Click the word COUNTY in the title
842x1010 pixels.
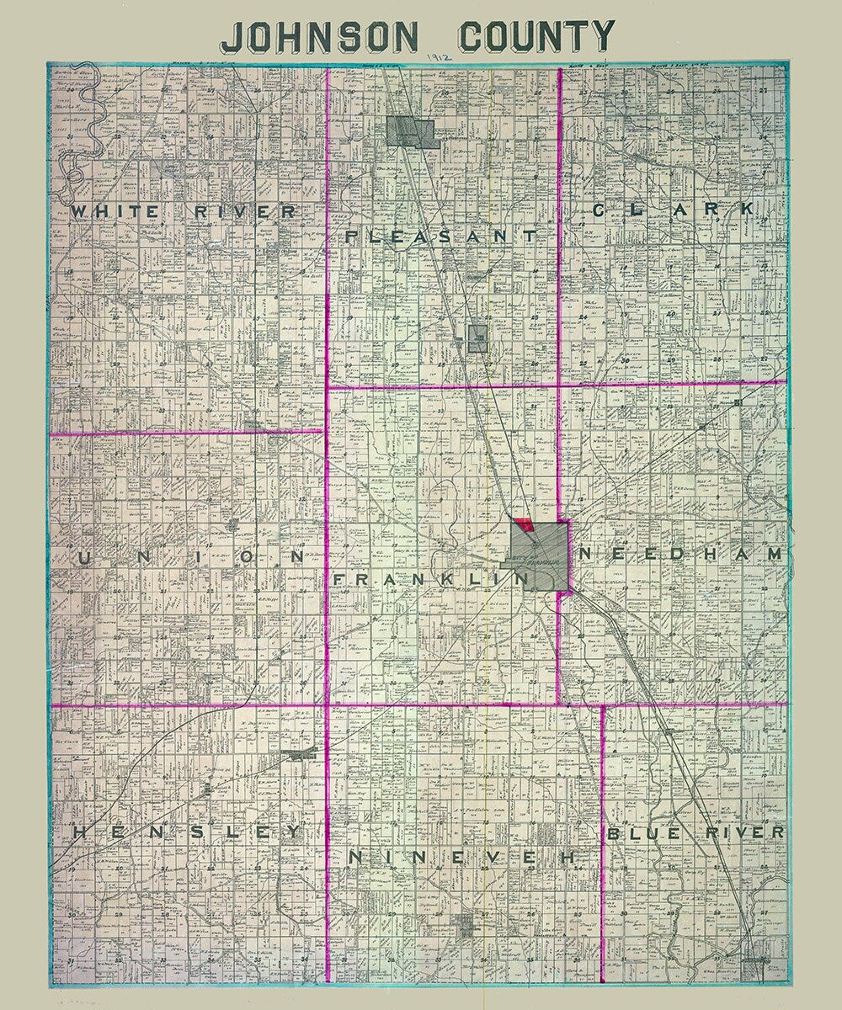click(x=536, y=36)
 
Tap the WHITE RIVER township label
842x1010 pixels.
click(x=184, y=211)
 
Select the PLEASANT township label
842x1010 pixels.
click(x=440, y=237)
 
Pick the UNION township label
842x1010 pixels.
click(x=191, y=557)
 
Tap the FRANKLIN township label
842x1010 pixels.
click(x=430, y=580)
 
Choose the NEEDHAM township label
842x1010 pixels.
click(x=681, y=555)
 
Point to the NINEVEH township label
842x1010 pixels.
click(x=461, y=857)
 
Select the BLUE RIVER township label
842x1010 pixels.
click(x=695, y=832)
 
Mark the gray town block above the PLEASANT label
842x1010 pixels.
click(x=413, y=133)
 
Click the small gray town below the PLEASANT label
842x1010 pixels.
click(x=477, y=338)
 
